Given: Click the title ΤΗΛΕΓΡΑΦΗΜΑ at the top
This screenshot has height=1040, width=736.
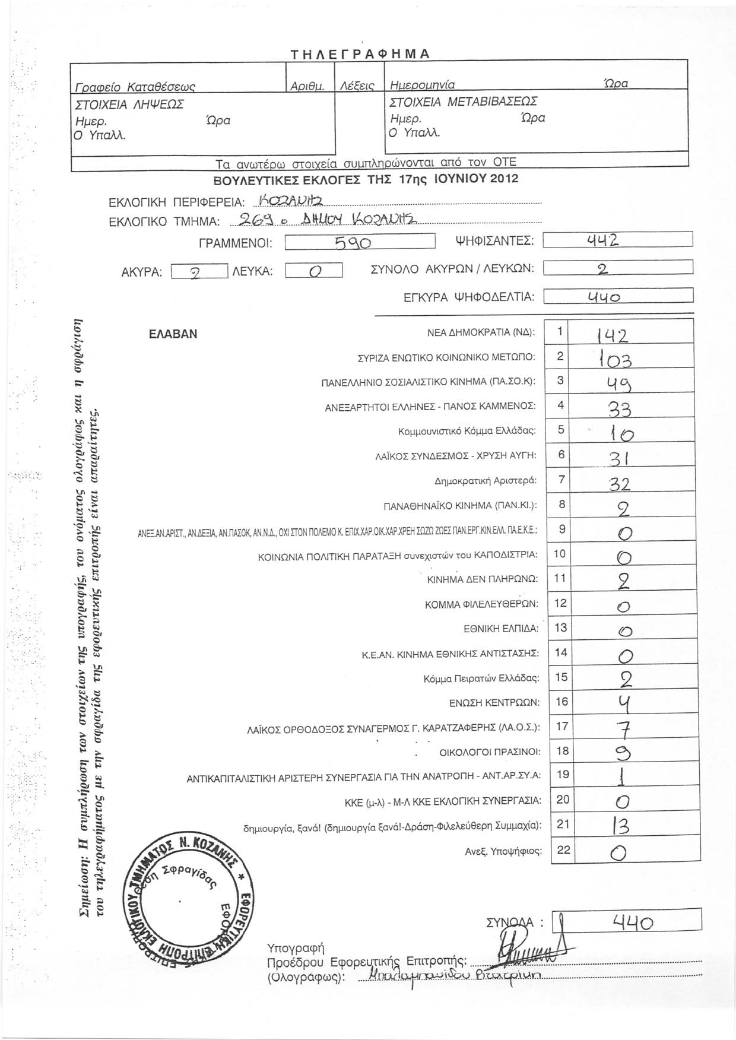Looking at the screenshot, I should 360,53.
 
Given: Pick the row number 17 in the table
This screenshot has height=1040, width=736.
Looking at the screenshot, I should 561,726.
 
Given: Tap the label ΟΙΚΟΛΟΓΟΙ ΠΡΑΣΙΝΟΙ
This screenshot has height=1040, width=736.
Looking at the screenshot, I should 490,753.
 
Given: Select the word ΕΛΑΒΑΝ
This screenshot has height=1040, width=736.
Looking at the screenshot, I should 173,334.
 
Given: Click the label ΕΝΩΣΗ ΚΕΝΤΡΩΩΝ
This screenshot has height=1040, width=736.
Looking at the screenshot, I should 494,703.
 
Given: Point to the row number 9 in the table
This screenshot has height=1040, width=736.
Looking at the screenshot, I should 561,529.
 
